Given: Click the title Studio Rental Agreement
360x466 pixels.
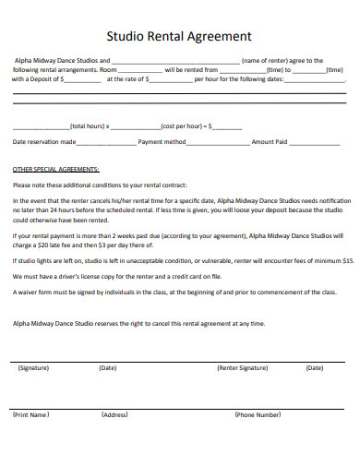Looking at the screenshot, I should point(179,37).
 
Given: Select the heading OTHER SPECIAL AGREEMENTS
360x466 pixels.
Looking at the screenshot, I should point(55,171).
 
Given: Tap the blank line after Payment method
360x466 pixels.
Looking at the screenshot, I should point(219,143).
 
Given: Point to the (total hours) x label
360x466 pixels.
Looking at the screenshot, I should point(90,125).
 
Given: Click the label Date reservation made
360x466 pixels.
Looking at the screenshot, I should point(43,143).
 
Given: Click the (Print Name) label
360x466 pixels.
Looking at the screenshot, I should point(30,415).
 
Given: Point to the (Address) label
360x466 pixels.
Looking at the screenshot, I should point(114,415).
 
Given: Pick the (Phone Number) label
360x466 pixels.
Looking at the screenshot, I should point(258,415).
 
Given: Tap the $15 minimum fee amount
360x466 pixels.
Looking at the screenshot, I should point(347,261).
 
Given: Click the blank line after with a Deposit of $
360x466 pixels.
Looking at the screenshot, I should point(84,80).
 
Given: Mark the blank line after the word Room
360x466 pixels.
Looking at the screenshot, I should point(139,70).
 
